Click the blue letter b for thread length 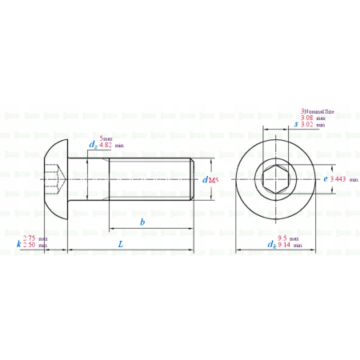(142, 222)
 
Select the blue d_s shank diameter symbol (93, 144)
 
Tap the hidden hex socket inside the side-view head (54, 180)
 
